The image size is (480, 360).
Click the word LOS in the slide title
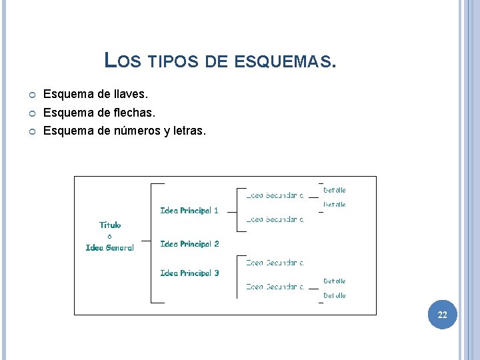(x=123, y=61)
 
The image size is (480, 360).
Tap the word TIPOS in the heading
(x=172, y=63)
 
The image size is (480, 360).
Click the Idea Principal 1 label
(x=189, y=211)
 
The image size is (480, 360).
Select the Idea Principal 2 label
(x=189, y=244)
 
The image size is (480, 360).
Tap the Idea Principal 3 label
(x=189, y=273)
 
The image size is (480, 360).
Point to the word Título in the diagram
(x=110, y=225)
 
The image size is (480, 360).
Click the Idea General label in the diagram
(x=110, y=248)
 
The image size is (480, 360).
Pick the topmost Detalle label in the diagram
(x=335, y=190)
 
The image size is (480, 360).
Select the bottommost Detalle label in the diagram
(x=335, y=295)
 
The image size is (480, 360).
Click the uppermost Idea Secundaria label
(x=275, y=195)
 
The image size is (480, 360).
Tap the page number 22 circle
(x=442, y=315)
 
